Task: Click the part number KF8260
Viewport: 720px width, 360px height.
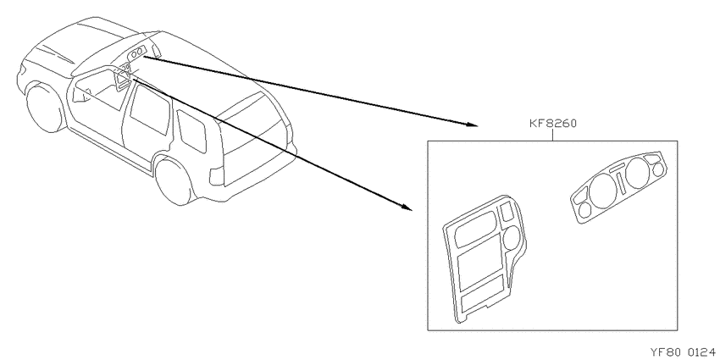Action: (553, 124)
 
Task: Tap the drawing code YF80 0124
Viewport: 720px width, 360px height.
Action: (683, 352)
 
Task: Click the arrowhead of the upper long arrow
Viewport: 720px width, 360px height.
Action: (473, 125)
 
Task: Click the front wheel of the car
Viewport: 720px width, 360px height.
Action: (45, 107)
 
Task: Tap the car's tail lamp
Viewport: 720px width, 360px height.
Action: (216, 176)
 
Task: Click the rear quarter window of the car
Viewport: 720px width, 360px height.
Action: (192, 130)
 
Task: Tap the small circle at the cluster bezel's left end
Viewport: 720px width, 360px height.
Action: (585, 210)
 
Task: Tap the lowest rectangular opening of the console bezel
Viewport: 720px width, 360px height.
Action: (483, 296)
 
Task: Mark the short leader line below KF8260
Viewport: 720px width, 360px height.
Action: (553, 136)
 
